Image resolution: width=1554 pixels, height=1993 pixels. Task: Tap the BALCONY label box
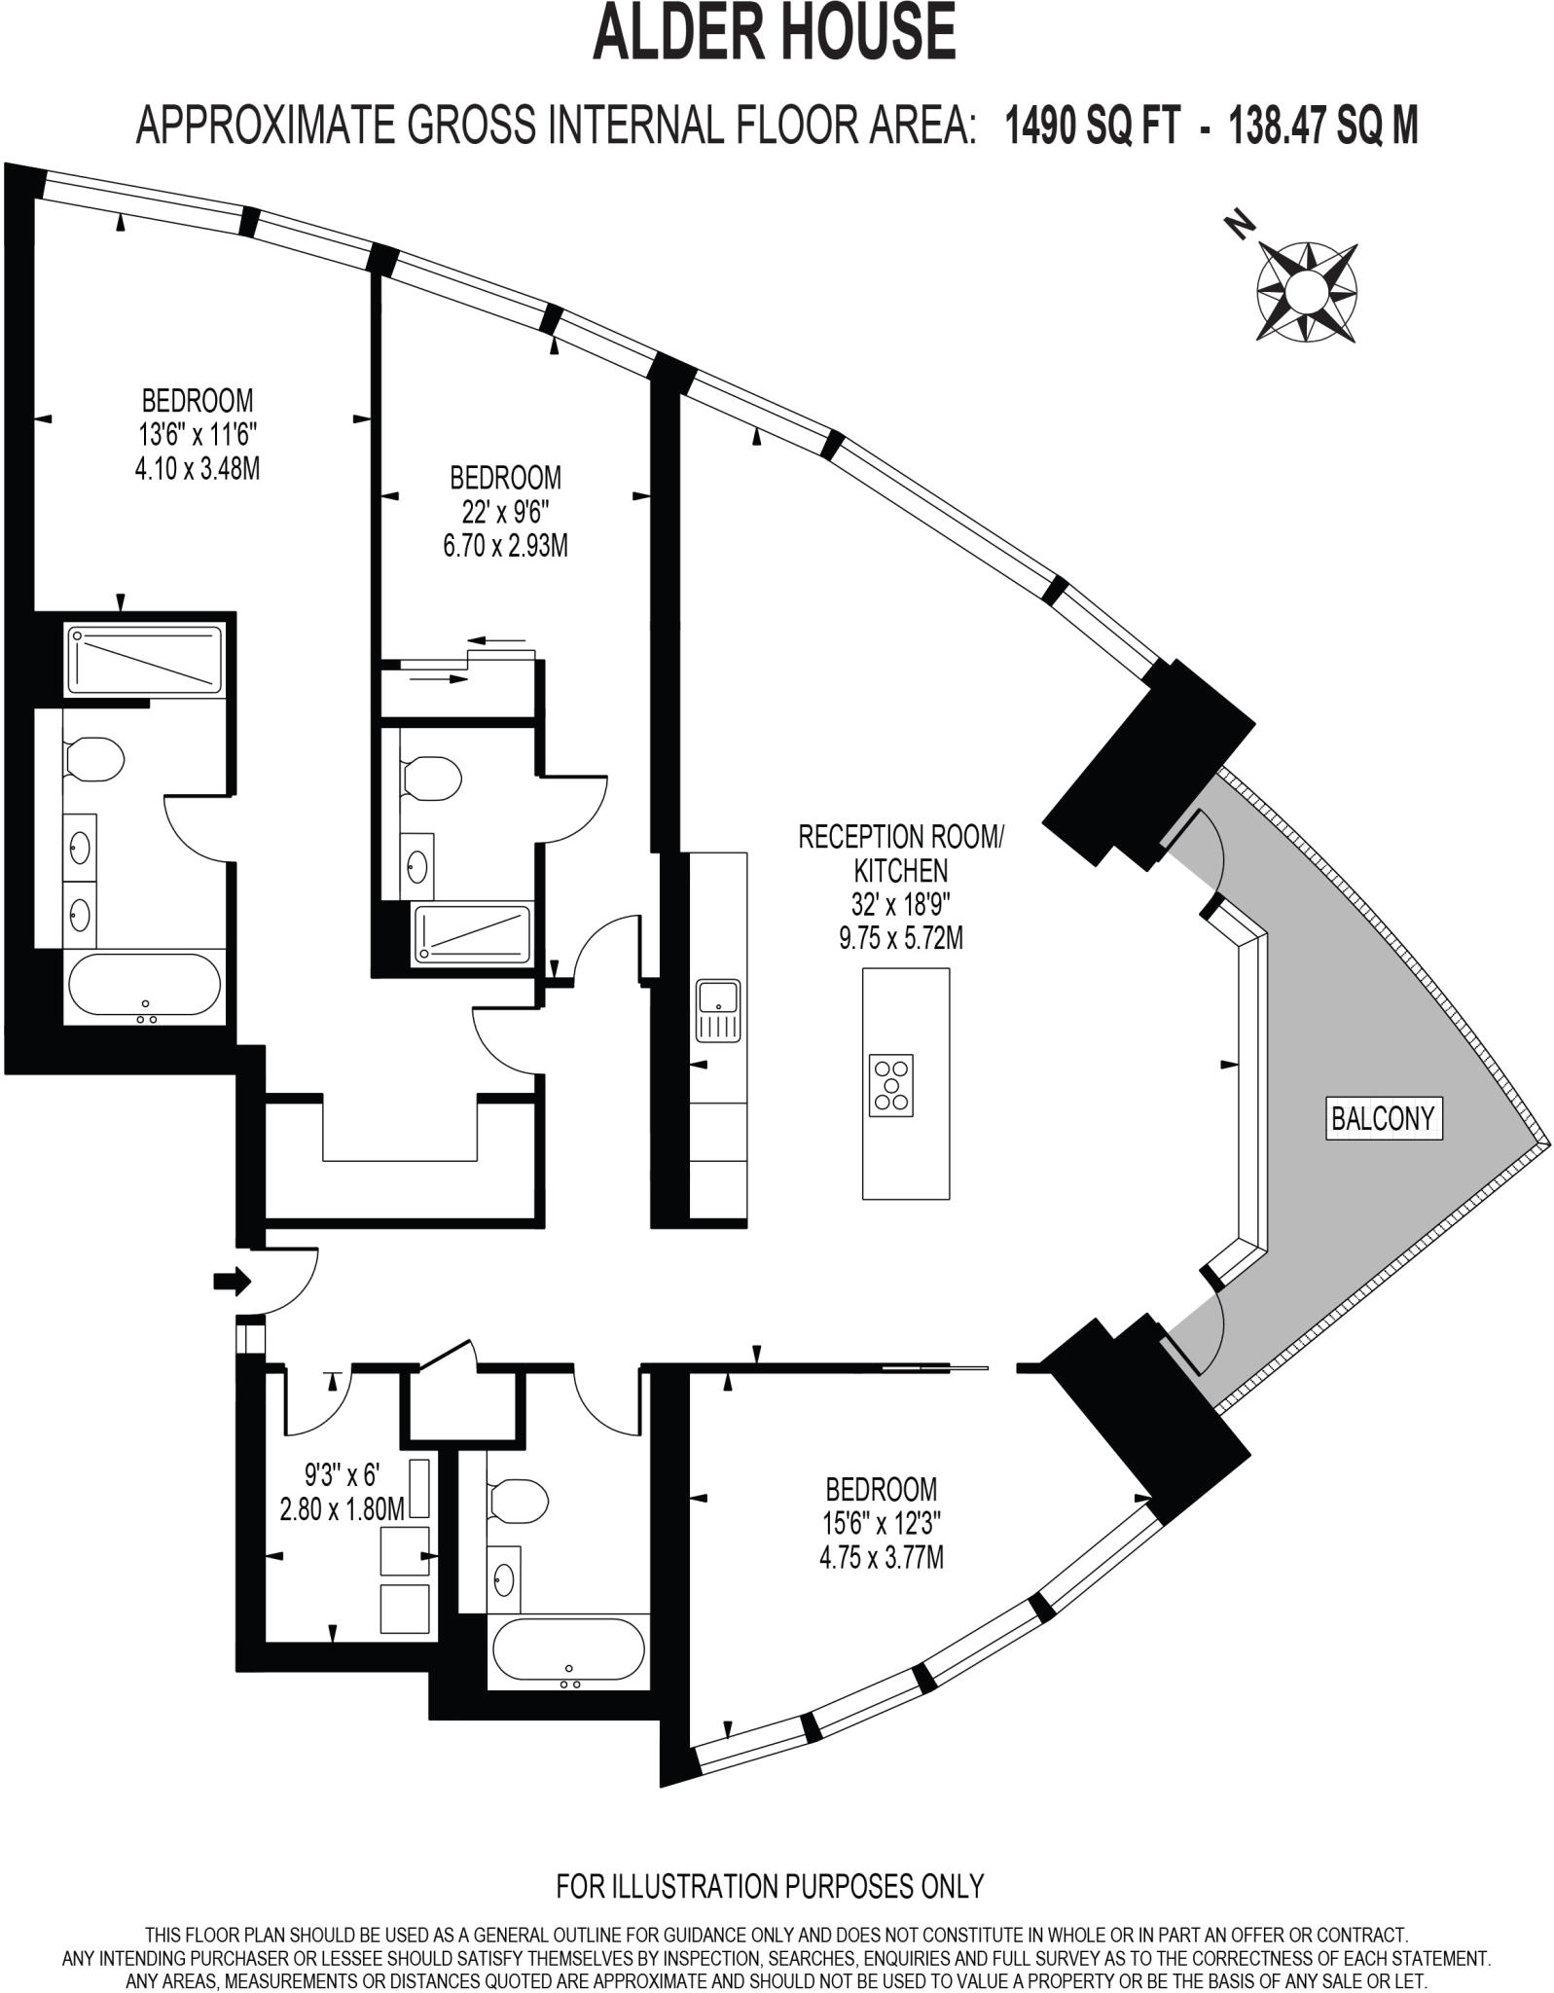coord(1382,1118)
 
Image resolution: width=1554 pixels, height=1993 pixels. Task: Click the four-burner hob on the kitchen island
coord(891,1084)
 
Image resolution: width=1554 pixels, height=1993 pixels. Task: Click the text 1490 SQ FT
coord(1093,126)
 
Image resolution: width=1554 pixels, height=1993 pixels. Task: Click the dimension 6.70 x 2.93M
coord(505,546)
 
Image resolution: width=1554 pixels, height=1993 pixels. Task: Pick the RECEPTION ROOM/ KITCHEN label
coord(899,852)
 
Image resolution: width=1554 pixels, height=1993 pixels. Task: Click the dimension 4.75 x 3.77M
coord(881,1558)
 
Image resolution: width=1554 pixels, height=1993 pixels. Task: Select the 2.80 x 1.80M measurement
coord(341,1509)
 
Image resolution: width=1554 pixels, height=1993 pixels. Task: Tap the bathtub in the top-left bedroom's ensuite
coord(145,987)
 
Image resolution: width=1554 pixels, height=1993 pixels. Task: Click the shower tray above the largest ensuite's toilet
coord(145,659)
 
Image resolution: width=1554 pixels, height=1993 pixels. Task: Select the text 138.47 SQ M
coord(1323,126)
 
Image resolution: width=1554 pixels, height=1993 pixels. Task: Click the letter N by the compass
coord(1238,226)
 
